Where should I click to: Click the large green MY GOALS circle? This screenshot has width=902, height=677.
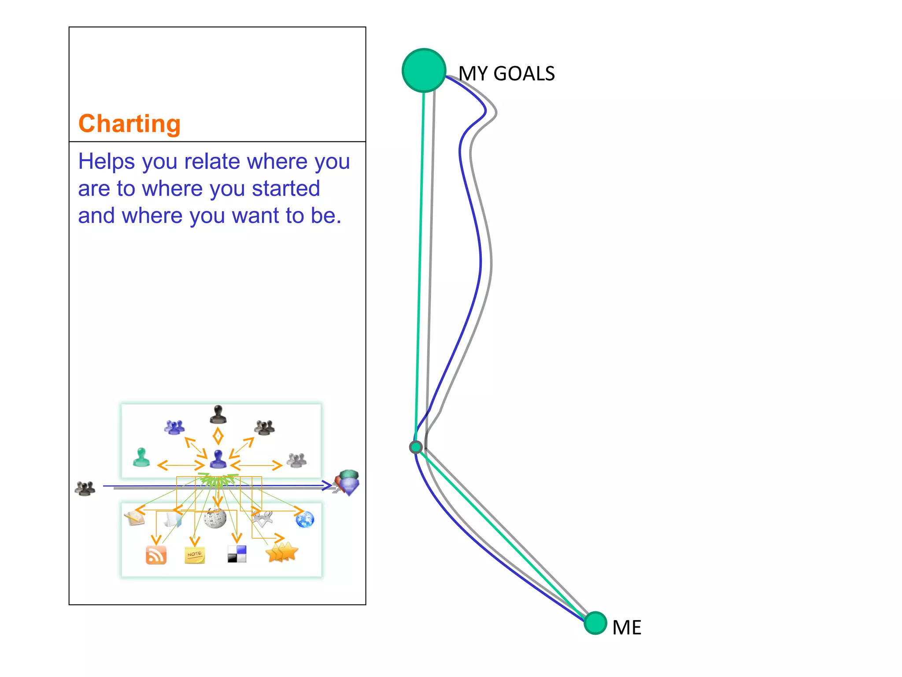pyautogui.click(x=424, y=71)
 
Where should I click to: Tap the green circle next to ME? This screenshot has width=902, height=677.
pyautogui.click(x=595, y=623)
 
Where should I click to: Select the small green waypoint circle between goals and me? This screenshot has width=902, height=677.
pyautogui.click(x=416, y=447)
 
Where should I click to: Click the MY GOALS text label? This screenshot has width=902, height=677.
pyautogui.click(x=506, y=74)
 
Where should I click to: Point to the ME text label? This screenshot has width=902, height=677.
pyautogui.click(x=627, y=628)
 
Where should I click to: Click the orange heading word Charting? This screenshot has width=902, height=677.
pyautogui.click(x=129, y=123)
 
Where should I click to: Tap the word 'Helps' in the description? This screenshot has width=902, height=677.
pyautogui.click(x=106, y=161)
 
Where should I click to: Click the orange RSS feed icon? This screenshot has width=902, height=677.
pyautogui.click(x=156, y=555)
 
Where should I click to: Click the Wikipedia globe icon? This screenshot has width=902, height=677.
pyautogui.click(x=215, y=518)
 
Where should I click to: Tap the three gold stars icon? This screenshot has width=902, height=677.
pyautogui.click(x=282, y=552)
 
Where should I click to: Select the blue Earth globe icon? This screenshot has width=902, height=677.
pyautogui.click(x=305, y=519)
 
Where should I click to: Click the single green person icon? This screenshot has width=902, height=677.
pyautogui.click(x=141, y=457)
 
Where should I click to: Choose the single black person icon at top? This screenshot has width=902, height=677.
pyautogui.click(x=218, y=414)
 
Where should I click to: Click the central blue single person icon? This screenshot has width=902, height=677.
pyautogui.click(x=218, y=459)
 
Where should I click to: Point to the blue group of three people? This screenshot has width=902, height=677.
pyautogui.click(x=174, y=427)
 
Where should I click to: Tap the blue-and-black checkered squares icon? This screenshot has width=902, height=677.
pyautogui.click(x=237, y=554)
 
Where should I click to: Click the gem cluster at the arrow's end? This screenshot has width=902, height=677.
pyautogui.click(x=348, y=482)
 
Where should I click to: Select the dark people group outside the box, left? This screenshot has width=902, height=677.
pyautogui.click(x=85, y=488)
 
